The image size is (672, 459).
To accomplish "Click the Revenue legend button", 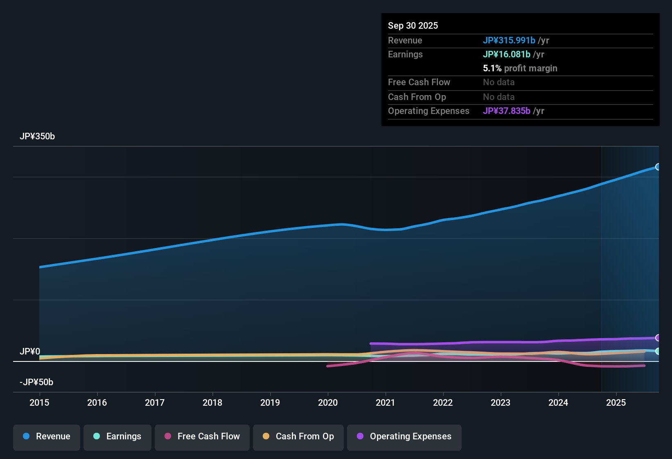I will [x=47, y=436].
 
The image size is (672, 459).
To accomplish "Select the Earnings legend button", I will [x=117, y=436].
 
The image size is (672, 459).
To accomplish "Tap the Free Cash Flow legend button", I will [x=202, y=436].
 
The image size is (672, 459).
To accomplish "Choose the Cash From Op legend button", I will [x=298, y=436].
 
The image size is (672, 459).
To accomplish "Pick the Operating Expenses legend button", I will [x=404, y=436].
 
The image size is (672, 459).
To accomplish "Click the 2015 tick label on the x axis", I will [x=39, y=402].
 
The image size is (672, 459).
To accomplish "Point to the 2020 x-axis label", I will [x=328, y=402].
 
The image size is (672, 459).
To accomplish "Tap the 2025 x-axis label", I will [x=616, y=402].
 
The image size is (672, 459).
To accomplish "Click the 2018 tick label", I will [x=212, y=402].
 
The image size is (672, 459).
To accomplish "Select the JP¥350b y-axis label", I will [x=37, y=136].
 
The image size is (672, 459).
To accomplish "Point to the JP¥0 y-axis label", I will [x=30, y=352].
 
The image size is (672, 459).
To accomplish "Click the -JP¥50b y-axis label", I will [x=36, y=382].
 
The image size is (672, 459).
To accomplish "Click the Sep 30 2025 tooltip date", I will [x=413, y=25].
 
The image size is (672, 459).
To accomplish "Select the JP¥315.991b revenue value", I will [x=509, y=40].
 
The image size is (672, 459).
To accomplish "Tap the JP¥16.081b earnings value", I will [x=507, y=54].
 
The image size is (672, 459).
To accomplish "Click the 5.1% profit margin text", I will [x=520, y=68].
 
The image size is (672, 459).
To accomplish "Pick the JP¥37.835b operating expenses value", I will [x=507, y=111].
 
